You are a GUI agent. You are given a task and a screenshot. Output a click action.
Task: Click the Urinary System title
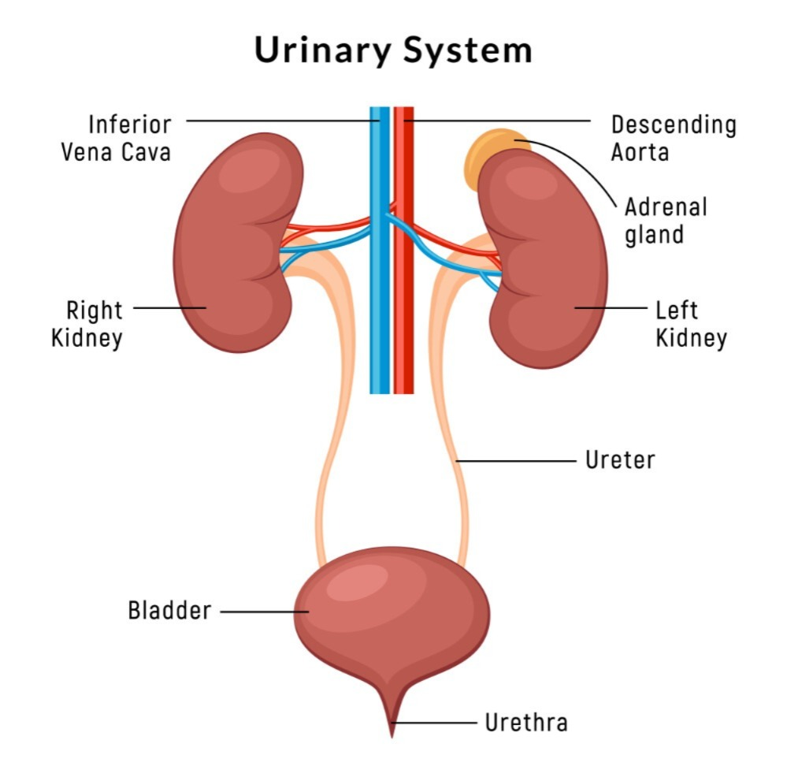click(x=393, y=50)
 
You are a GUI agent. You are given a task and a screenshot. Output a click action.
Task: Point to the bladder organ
click(x=392, y=618)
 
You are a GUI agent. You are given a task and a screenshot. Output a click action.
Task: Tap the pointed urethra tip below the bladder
click(x=392, y=737)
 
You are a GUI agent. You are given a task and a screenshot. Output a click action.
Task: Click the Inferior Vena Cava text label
click(x=117, y=139)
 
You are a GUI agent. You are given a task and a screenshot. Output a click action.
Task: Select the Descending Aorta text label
click(x=674, y=139)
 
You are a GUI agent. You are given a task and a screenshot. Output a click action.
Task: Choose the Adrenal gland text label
click(x=666, y=221)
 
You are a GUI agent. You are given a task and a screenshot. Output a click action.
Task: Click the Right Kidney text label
click(x=87, y=323)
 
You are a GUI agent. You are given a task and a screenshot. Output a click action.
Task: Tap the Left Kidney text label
click(x=691, y=323)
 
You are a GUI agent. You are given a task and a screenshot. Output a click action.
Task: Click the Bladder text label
click(x=169, y=611)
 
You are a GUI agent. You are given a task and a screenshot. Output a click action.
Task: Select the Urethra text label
click(x=526, y=723)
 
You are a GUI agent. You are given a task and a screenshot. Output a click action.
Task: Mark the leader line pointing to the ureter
click(x=515, y=460)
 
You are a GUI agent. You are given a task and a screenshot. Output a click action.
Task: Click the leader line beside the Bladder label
click(x=265, y=612)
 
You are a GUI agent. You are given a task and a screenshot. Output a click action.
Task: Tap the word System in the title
click(x=467, y=51)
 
